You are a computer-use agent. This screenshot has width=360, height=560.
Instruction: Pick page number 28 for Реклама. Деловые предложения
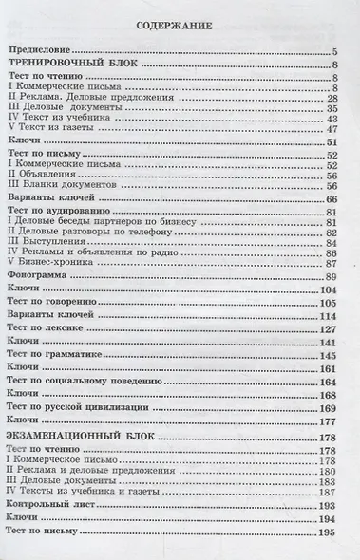[333, 98]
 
